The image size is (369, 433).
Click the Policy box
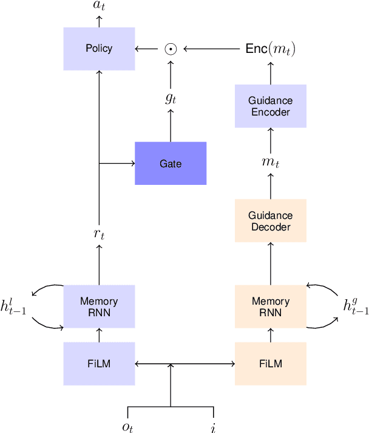point(99,49)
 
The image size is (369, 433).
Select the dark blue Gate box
point(171,164)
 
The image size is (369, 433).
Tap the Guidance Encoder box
point(271,106)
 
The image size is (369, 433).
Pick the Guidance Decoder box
point(271,221)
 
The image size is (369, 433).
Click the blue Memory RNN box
point(99,307)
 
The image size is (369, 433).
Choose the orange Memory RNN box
point(271,307)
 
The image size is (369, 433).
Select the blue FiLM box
point(99,364)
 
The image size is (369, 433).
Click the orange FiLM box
point(271,364)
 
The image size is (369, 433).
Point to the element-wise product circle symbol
point(171,49)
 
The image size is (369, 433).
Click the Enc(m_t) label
point(271,49)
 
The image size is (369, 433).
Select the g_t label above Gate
point(171,98)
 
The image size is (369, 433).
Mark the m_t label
point(271,163)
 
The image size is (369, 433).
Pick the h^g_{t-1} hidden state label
point(356,307)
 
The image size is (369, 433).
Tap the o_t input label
point(127,427)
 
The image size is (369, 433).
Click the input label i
point(213,427)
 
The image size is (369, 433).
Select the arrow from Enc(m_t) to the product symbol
point(212,49)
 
